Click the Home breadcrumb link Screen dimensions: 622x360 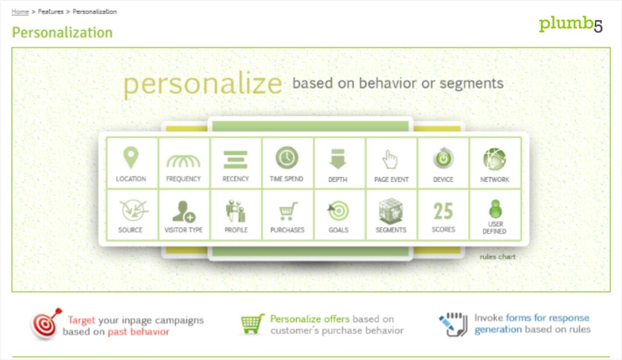20,12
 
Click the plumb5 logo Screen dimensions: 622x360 570,24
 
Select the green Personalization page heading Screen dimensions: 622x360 62,32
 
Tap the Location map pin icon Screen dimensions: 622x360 131,157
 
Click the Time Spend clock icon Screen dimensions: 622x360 287,157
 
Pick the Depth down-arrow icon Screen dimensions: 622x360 338,159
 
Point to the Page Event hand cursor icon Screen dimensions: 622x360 389,159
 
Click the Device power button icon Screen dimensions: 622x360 443,159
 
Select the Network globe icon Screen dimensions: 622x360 494,159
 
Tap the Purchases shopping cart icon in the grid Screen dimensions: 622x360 288,211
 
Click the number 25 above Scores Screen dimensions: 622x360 443,211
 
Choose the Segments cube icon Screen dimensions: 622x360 391,211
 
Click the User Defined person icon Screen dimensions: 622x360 495,209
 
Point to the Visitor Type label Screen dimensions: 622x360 183,230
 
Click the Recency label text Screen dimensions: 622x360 236,179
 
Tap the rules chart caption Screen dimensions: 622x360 498,256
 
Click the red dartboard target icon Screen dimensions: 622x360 46,324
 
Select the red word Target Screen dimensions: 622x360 82,320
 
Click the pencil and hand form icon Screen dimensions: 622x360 454,325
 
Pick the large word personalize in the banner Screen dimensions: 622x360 203,84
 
